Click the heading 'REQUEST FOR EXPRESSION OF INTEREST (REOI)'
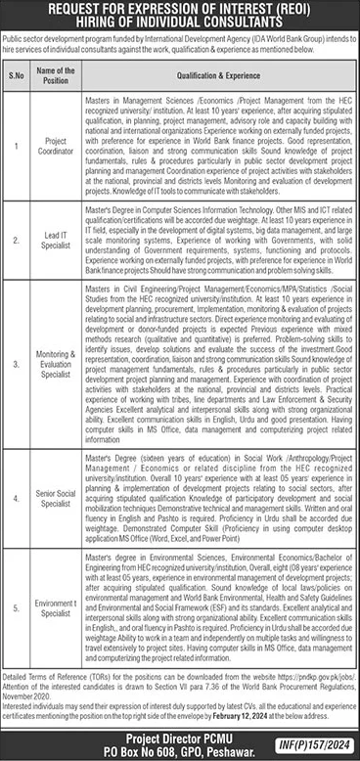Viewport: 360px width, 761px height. (180, 8)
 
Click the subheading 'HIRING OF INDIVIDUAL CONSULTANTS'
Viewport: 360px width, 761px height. (180, 21)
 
